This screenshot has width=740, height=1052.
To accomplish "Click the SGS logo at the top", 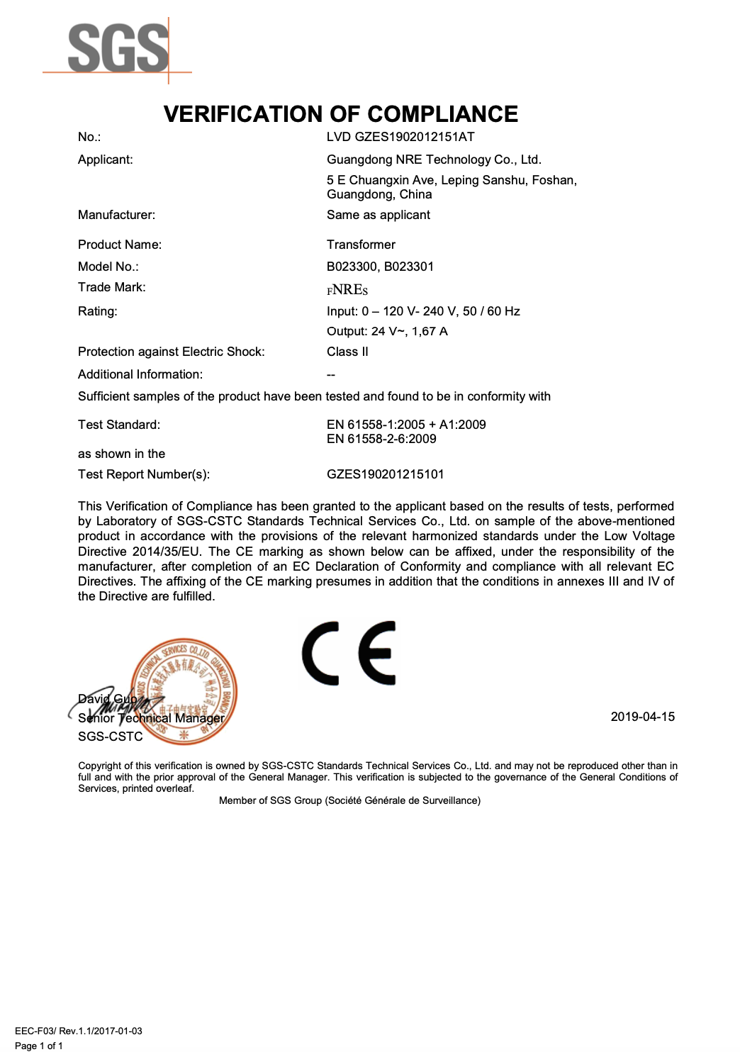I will click(x=118, y=48).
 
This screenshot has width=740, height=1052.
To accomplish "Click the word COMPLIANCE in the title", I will click(x=442, y=114).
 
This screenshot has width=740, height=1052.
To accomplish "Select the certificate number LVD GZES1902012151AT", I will click(x=400, y=137).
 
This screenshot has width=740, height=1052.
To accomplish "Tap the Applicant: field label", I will click(x=106, y=160).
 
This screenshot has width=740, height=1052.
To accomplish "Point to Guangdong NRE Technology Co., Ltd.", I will click(x=434, y=160).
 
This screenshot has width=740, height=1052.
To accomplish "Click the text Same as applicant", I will click(x=379, y=215).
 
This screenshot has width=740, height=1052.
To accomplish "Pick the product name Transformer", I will click(x=361, y=245).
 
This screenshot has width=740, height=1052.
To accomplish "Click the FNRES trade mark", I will click(x=347, y=289).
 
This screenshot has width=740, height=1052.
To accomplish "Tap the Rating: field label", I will click(x=98, y=311).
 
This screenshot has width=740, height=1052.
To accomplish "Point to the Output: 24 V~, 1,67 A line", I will click(x=387, y=331).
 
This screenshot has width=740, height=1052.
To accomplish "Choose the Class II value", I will click(x=347, y=352).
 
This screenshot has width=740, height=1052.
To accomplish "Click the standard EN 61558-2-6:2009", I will click(x=381, y=439).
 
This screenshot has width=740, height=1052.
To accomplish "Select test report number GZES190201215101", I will click(x=385, y=474).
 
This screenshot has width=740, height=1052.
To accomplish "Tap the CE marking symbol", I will click(x=349, y=654).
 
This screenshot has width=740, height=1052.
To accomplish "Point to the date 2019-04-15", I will click(x=642, y=717).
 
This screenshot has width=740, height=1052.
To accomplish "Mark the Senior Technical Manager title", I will click(x=151, y=718).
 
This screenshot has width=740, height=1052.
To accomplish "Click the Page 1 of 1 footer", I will click(x=39, y=1046).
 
